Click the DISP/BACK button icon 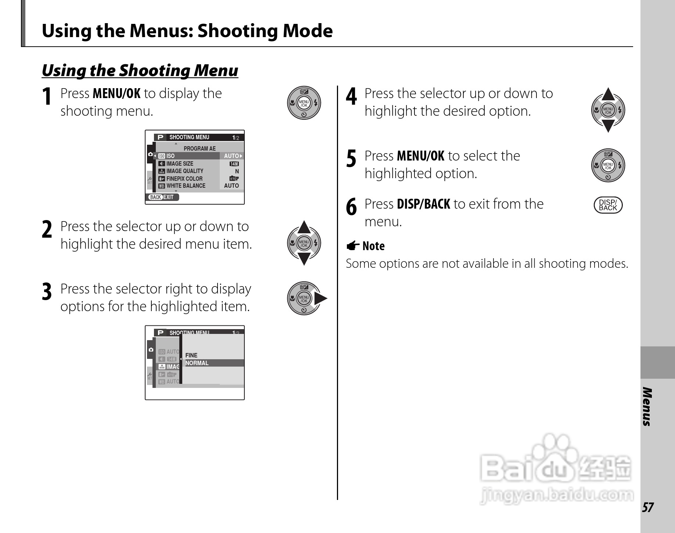tap(608, 205)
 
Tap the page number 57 tap(647, 508)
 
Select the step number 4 tap(351, 97)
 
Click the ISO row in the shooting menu tap(198, 156)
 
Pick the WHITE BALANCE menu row tap(198, 186)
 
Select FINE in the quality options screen tap(191, 355)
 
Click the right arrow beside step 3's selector tap(320, 299)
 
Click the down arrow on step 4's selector tap(608, 126)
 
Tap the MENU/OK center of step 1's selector tap(304, 103)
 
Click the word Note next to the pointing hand tap(373, 246)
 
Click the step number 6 tap(351, 207)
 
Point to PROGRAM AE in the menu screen tap(200, 148)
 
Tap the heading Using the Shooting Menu tap(140, 71)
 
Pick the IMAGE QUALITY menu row tap(198, 171)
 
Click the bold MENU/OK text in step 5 tap(420, 156)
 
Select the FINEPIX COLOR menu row tap(198, 179)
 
